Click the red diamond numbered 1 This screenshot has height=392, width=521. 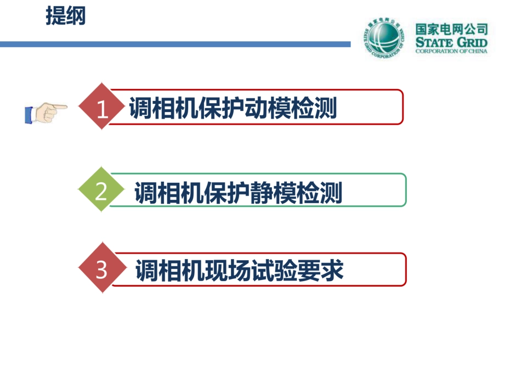pos(101,109)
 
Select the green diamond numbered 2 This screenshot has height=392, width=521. pos(101,191)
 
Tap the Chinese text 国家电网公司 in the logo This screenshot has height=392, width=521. pos(451,29)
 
